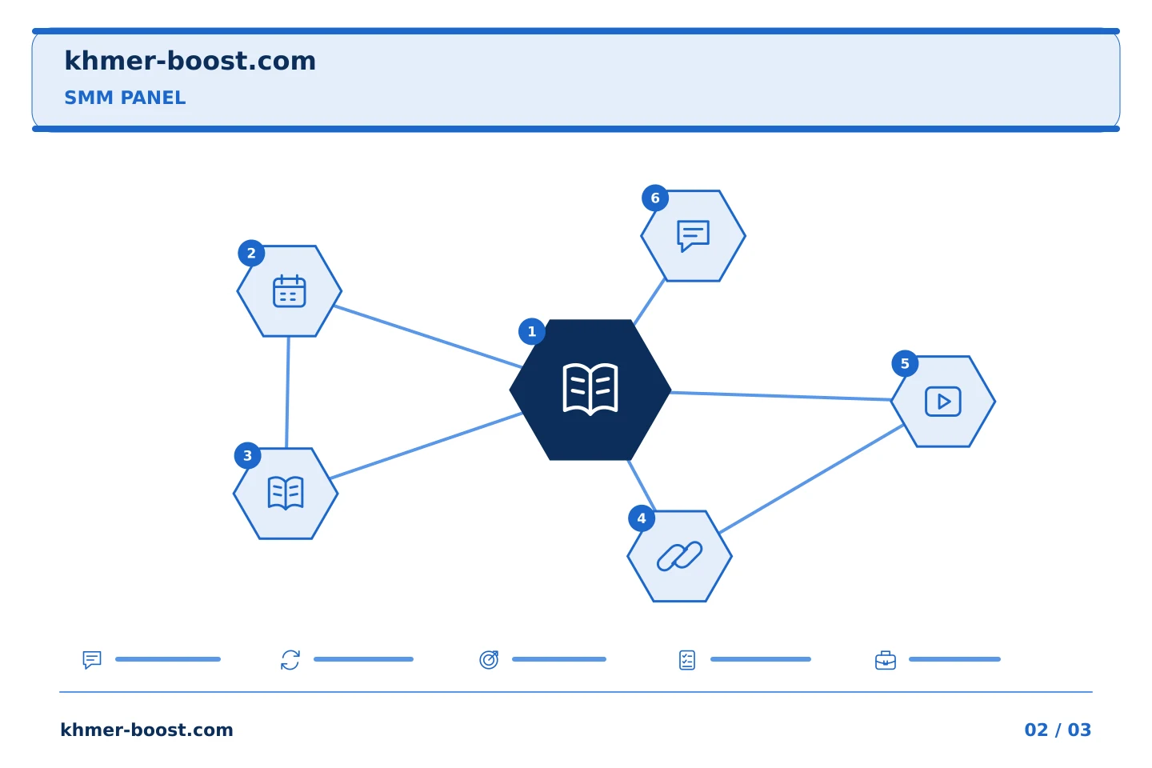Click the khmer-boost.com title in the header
[190, 62]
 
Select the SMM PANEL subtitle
[125, 98]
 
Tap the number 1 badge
[532, 332]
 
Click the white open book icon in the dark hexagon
[590, 389]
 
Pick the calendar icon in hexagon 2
[289, 291]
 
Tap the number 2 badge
[251, 254]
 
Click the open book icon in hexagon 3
[286, 494]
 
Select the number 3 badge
[248, 456]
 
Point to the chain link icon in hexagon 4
[679, 556]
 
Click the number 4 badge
[642, 518]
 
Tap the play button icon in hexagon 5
[942, 402]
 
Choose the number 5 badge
[905, 364]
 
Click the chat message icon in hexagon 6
[694, 236]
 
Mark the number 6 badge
[655, 198]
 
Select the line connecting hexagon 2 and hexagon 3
[287, 393]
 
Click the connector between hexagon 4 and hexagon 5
[811, 479]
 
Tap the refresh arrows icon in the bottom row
[290, 660]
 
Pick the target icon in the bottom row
[489, 660]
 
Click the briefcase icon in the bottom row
[886, 661]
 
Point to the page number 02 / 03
[1058, 730]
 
